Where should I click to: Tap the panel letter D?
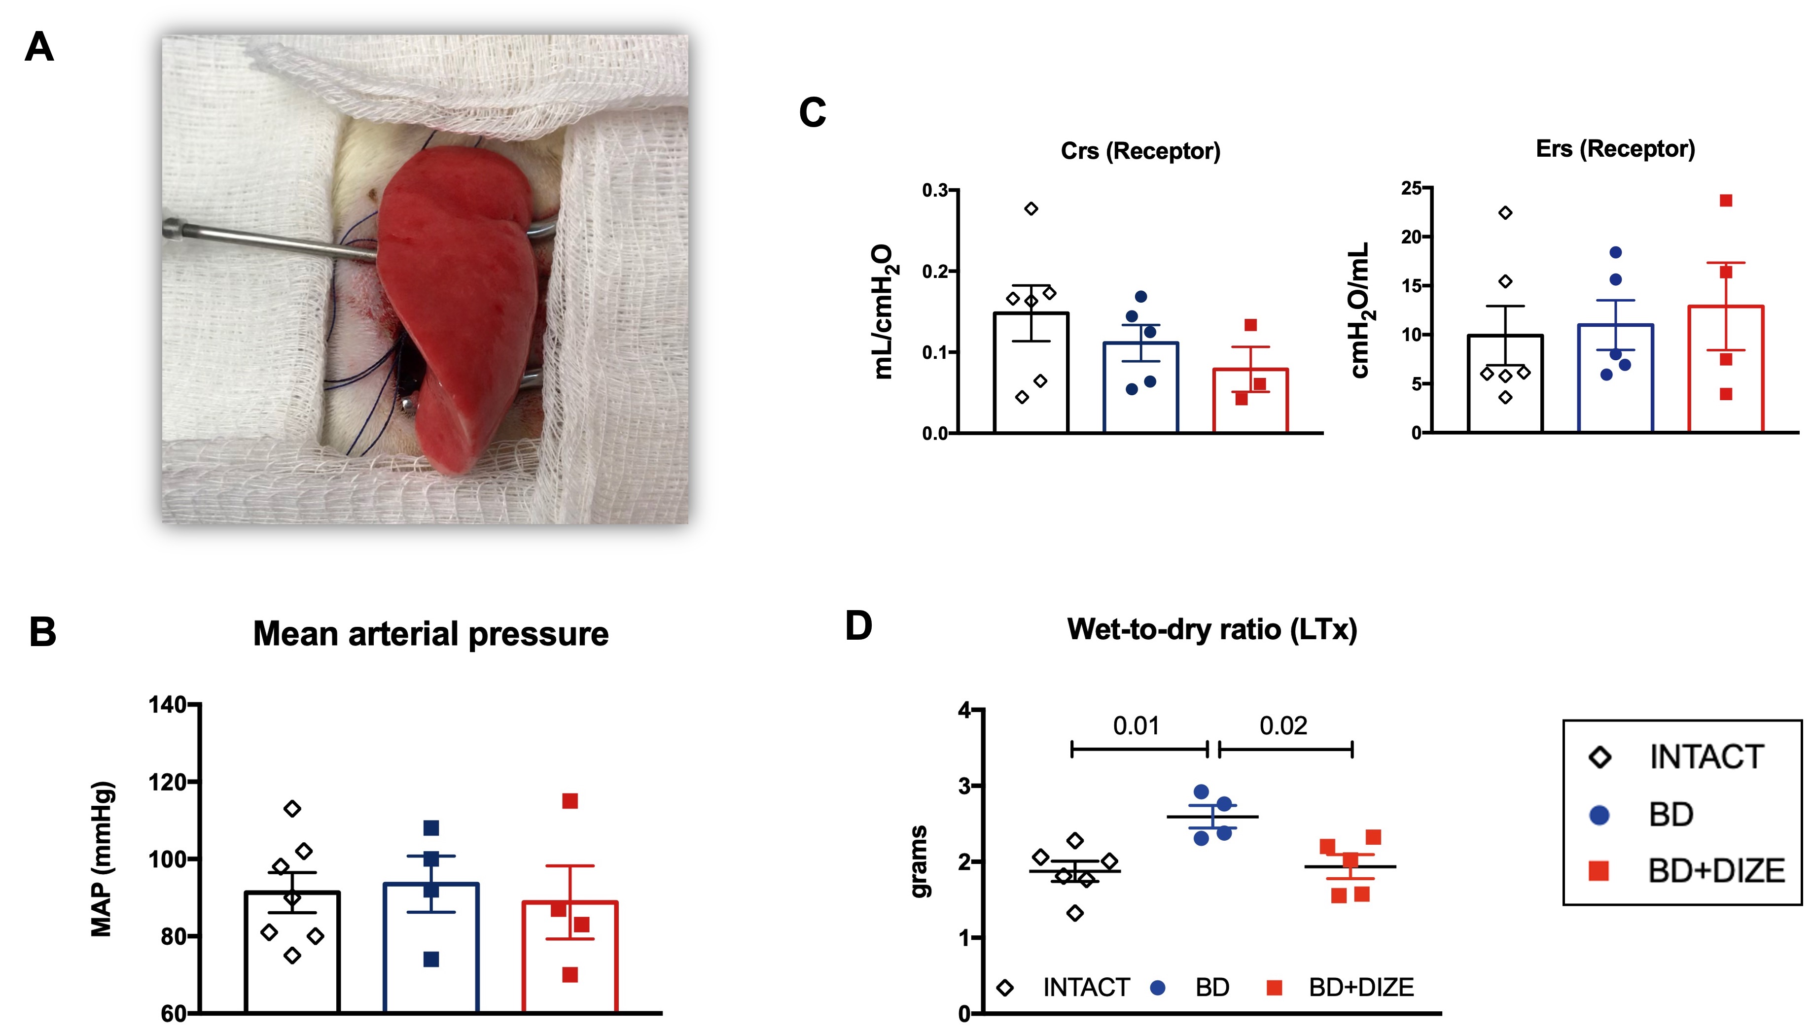click(858, 626)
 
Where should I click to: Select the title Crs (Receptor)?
click(1140, 151)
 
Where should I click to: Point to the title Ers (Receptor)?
click(1615, 148)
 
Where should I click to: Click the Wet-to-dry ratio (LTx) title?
click(1211, 629)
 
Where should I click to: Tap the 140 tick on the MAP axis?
click(167, 705)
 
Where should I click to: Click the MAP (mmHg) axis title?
click(103, 859)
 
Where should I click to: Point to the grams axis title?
click(919, 861)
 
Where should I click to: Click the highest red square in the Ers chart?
click(1726, 201)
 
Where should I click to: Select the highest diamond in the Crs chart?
click(1031, 208)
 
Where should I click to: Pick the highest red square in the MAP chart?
click(569, 801)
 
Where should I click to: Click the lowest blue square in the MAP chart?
click(431, 959)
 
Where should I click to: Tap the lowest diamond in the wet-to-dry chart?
click(1075, 913)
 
